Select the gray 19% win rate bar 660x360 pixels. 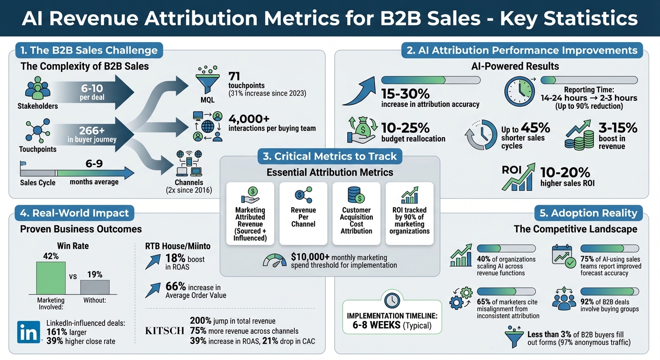(x=95, y=286)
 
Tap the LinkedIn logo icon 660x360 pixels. (x=28, y=333)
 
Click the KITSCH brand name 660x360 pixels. (x=165, y=331)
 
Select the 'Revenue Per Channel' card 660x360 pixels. (x=303, y=213)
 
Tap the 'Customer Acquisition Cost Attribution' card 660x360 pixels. (x=356, y=213)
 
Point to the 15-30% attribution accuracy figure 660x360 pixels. (x=406, y=93)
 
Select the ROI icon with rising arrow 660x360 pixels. (x=518, y=177)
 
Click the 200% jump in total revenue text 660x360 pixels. (x=232, y=321)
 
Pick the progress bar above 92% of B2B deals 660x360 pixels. (x=610, y=291)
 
